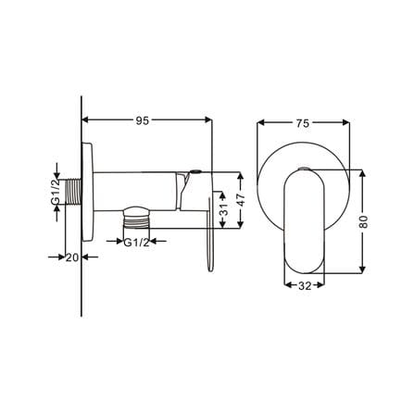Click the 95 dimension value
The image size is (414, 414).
(x=143, y=120)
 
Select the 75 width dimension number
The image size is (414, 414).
(x=303, y=123)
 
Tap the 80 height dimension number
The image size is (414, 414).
(x=364, y=221)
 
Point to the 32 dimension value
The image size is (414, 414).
(x=305, y=286)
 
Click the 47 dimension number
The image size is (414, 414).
(x=241, y=200)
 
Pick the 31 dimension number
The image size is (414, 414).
(x=224, y=209)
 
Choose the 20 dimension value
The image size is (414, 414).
(x=72, y=257)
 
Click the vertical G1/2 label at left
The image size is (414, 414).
(x=56, y=192)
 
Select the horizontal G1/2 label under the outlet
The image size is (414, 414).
(x=136, y=243)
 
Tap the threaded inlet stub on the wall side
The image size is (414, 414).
(x=74, y=192)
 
